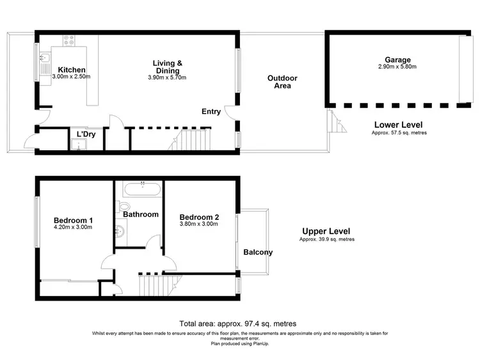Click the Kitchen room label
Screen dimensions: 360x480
tap(72, 70)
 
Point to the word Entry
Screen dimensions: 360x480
tap(211, 112)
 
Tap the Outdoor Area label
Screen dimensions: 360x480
tap(282, 82)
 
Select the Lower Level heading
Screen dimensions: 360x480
tap(397, 124)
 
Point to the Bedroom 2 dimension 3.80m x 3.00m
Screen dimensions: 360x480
tap(199, 224)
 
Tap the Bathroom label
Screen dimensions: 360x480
tap(141, 215)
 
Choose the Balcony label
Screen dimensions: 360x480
tap(258, 252)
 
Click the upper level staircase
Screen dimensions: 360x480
tap(152, 284)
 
